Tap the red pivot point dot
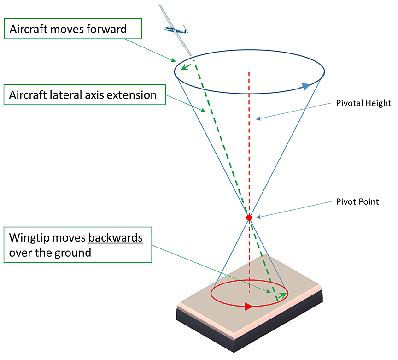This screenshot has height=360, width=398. point(249,217)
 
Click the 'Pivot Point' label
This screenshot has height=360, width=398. point(357,202)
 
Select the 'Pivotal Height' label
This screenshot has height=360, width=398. point(363,104)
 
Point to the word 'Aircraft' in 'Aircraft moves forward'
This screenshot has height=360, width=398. point(28,30)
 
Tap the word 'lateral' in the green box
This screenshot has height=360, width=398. point(63,95)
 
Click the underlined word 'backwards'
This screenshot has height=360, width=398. point(115,238)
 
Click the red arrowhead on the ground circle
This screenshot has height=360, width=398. point(249,307)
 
